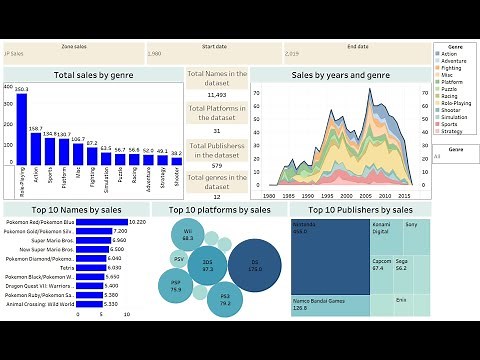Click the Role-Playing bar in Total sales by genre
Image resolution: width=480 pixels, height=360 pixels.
pyautogui.click(x=21, y=131)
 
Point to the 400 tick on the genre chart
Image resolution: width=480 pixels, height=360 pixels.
pyautogui.click(x=8, y=86)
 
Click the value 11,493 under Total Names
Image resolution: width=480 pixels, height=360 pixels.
pyautogui.click(x=216, y=93)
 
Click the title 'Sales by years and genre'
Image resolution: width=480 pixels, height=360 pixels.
pyautogui.click(x=340, y=75)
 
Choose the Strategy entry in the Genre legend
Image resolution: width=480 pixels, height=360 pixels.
pyautogui.click(x=455, y=130)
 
